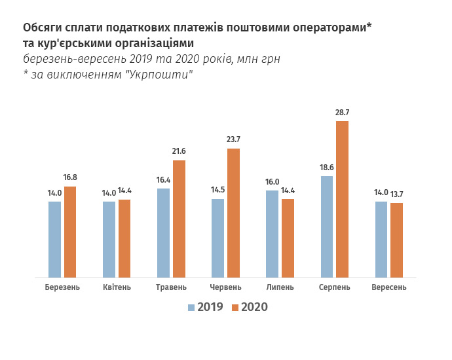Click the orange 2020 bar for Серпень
[342, 200]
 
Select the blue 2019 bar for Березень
[54, 240]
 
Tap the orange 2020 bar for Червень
[233, 213]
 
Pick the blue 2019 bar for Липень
[272, 234]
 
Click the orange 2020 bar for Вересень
[396, 240]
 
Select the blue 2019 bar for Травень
[163, 233]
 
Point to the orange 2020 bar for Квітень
[124, 239]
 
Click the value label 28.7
[342, 113]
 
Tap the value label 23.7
[233, 139]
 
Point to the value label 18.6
[326, 168]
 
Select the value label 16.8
[70, 177]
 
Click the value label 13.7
[396, 193]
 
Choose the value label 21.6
[179, 152]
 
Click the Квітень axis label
[117, 287]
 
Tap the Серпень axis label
[334, 287]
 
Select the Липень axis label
[280, 287]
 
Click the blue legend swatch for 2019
[191, 307]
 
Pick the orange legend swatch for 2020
[235, 307]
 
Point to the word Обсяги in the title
[43, 28]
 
